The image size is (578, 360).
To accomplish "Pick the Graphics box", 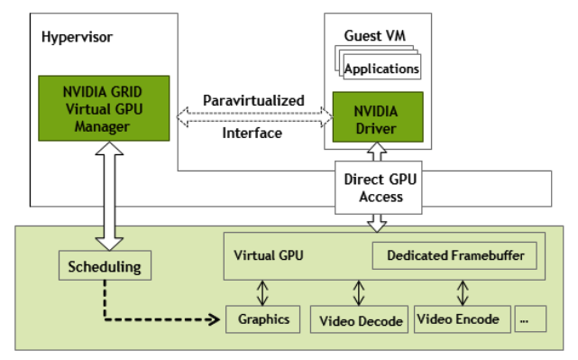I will (262, 318).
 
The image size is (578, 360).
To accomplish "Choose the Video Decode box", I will (358, 319).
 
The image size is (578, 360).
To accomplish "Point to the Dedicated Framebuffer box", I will (455, 255).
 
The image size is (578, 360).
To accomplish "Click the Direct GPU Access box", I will (378, 189).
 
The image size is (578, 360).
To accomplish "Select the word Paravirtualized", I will (253, 99).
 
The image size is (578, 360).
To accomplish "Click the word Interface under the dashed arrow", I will (252, 133).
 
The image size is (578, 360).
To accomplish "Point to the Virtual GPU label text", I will (268, 255).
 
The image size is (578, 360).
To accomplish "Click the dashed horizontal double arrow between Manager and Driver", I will (252, 115).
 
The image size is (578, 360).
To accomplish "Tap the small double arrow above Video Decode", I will (359, 292).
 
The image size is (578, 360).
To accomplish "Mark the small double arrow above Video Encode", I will (463, 292).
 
